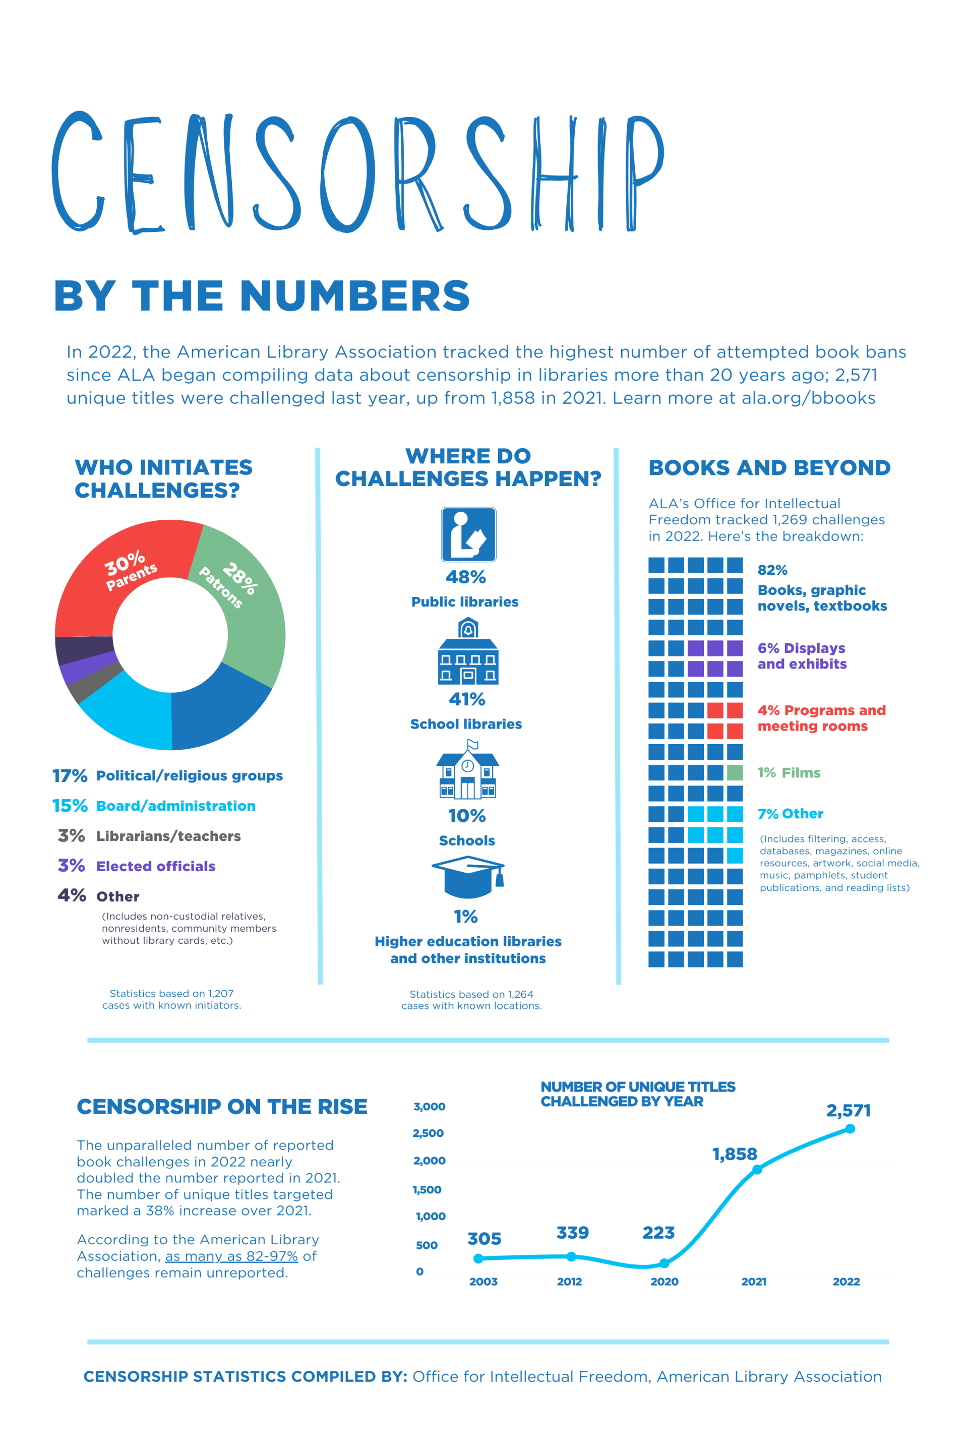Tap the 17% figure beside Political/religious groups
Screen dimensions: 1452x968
click(x=69, y=775)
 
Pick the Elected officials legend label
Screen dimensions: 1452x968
click(x=156, y=866)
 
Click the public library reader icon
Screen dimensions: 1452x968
click(x=468, y=534)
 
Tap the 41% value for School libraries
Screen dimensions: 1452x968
click(x=467, y=699)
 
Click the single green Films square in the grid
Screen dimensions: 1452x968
click(x=735, y=772)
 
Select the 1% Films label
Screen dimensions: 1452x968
click(x=789, y=772)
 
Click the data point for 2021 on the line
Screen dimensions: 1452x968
click(x=757, y=1169)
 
